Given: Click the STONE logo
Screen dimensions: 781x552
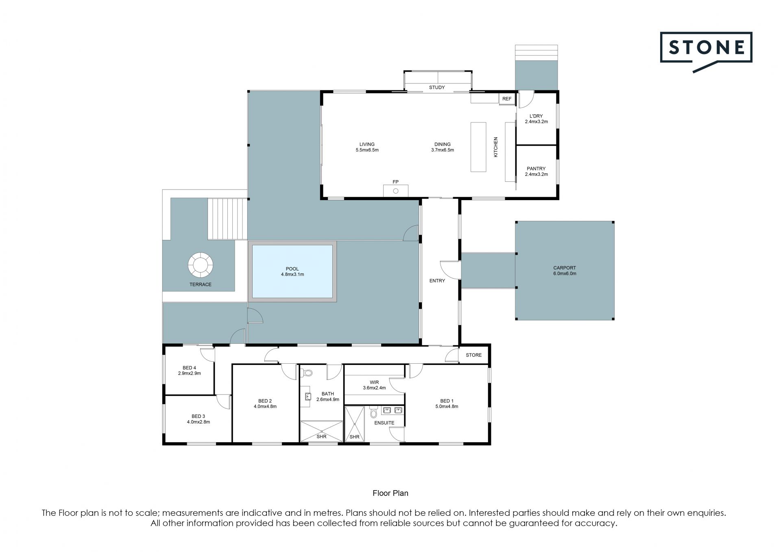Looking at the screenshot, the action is (x=706, y=52).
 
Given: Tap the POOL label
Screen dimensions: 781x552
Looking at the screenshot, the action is (x=292, y=269).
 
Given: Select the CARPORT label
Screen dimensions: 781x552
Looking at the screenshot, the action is (x=565, y=268).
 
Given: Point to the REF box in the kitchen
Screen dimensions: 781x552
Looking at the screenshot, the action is (x=506, y=99).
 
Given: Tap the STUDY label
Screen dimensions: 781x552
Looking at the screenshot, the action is (x=437, y=87).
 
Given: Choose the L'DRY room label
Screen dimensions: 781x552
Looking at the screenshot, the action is (x=536, y=116).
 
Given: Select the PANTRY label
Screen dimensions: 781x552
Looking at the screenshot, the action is (x=536, y=168).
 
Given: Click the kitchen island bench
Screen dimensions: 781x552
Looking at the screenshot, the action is (x=479, y=147).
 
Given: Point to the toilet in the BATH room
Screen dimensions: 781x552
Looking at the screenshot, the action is (x=308, y=372).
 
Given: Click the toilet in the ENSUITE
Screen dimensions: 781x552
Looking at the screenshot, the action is (x=373, y=413).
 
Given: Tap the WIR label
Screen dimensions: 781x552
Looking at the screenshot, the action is (x=374, y=382).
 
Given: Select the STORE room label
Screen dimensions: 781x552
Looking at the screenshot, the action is (x=473, y=355).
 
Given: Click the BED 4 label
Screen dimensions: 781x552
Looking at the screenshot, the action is (x=190, y=368).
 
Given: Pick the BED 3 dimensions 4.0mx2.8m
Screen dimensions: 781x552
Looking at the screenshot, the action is (x=199, y=422).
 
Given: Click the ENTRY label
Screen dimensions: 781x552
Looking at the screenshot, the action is (x=437, y=281).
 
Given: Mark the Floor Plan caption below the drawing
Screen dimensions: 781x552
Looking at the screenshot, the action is (x=390, y=493).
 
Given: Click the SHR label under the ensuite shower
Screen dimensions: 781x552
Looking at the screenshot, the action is (x=354, y=437).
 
